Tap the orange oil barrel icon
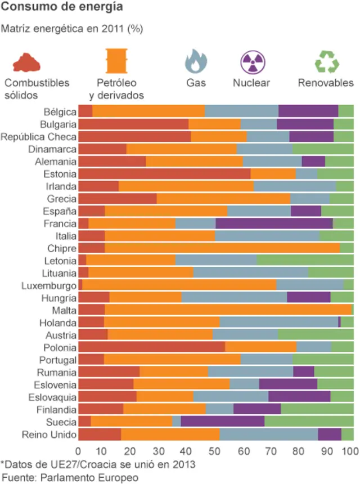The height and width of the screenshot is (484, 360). (x=117, y=62)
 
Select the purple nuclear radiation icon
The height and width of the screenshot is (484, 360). (x=251, y=61)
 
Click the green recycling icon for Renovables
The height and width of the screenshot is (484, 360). (x=326, y=61)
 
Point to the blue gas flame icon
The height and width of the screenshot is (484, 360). (x=196, y=61)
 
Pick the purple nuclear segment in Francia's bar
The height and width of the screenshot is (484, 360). (x=274, y=223)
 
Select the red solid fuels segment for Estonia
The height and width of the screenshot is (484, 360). (x=164, y=174)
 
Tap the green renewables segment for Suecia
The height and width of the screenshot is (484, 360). (x=309, y=422)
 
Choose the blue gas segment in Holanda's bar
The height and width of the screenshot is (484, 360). (x=278, y=322)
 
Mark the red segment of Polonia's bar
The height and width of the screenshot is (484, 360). (x=152, y=347)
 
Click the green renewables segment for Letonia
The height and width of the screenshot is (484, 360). (x=305, y=261)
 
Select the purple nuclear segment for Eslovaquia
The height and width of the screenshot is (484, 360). (x=299, y=397)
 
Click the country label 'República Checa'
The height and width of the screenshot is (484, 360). (x=39, y=137)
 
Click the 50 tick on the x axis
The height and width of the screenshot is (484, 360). (x=214, y=451)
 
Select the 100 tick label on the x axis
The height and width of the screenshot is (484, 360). (x=350, y=451)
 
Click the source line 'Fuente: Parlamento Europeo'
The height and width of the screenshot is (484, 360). (x=70, y=477)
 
